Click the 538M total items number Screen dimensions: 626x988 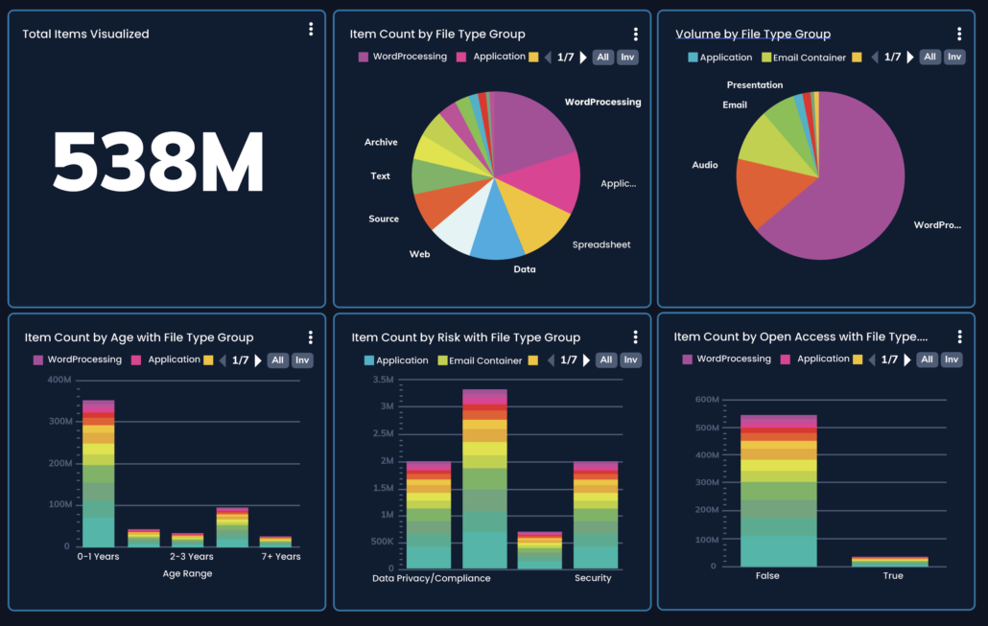tap(158, 164)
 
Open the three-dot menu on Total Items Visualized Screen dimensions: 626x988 tap(311, 30)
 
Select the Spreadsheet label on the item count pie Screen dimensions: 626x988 tap(601, 244)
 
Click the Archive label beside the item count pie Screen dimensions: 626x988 tap(381, 142)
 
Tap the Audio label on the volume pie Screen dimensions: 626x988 tap(705, 165)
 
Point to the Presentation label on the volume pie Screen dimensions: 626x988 tap(754, 85)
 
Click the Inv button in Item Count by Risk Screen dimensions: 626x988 tap(630, 360)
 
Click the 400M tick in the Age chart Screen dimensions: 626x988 tap(59, 380)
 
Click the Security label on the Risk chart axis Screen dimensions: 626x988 tap(593, 578)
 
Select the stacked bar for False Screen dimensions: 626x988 tap(778, 490)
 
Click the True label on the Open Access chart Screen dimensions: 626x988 tap(892, 576)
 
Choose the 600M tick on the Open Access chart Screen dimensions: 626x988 tap(706, 399)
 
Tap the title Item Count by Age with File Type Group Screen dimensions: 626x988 tap(139, 337)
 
